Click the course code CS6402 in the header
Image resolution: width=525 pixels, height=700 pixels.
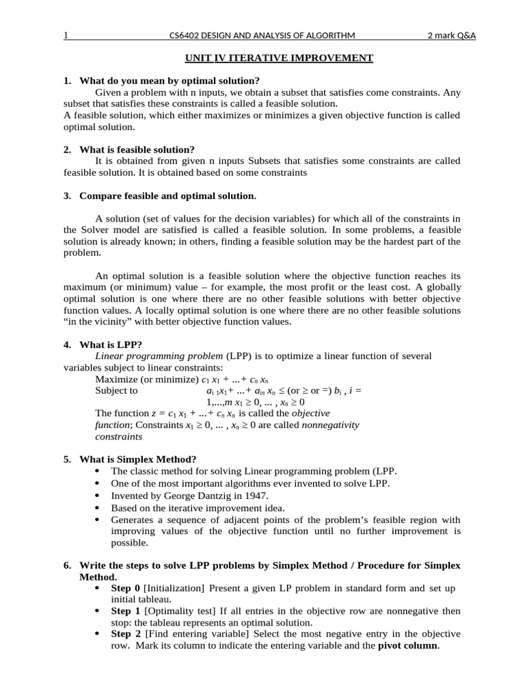[x=187, y=36]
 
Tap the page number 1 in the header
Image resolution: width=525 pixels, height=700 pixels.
[x=66, y=36]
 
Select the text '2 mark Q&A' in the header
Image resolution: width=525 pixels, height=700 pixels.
[x=451, y=36]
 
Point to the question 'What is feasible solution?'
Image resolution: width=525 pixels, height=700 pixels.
[x=137, y=149]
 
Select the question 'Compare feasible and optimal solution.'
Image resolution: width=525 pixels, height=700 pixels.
[x=167, y=196]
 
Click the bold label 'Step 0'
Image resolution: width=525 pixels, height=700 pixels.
[x=126, y=589]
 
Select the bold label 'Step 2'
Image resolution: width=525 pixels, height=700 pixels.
[x=126, y=634]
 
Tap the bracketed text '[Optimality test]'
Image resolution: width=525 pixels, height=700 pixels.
[x=176, y=611]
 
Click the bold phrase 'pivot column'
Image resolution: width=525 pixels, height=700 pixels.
[x=408, y=646]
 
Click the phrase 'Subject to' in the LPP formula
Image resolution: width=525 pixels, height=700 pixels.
[x=116, y=391]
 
